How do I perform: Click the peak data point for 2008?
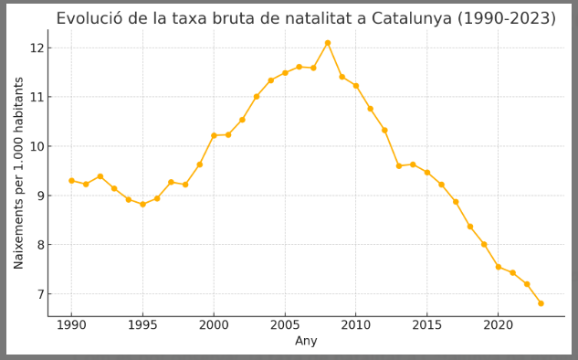328,43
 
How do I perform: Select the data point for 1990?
71,181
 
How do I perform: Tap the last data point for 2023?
541,303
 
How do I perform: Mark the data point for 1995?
142,205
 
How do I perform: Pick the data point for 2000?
214,135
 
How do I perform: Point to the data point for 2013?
398,166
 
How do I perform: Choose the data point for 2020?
498,267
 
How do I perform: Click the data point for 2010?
356,86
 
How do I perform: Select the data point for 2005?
285,73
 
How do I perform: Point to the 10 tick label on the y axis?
36,146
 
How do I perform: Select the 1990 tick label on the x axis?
71,324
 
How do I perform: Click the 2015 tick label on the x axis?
427,324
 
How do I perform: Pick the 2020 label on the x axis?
498,324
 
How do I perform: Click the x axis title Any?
306,341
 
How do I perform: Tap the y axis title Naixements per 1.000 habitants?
19,173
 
